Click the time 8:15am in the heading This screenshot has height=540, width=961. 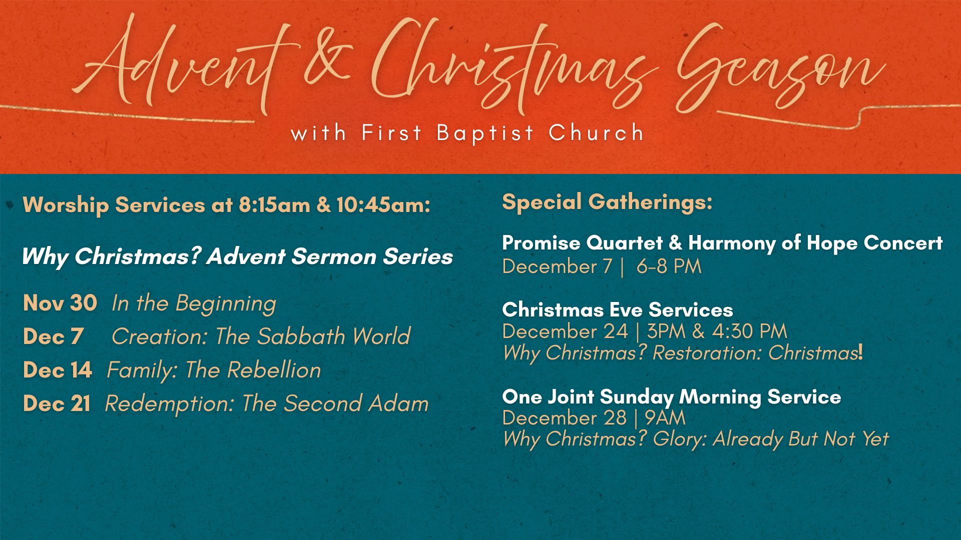(x=274, y=205)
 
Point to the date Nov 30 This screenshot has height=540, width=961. (x=60, y=303)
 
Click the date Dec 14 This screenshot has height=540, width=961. (x=58, y=370)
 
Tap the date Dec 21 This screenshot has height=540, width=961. (x=57, y=404)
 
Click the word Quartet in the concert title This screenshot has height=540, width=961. (x=624, y=243)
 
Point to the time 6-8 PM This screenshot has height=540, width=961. (x=669, y=266)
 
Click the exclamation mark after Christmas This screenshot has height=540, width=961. (x=860, y=352)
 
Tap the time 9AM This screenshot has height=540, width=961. (x=665, y=418)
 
